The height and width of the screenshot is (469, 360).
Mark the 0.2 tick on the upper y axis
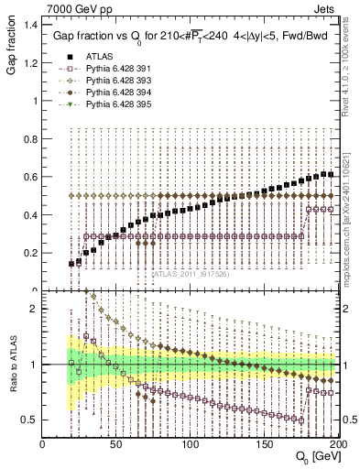tap(29, 253)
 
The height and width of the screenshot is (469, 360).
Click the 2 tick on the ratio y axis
tap(34, 309)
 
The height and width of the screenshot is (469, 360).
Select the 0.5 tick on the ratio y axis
tap(29, 420)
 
